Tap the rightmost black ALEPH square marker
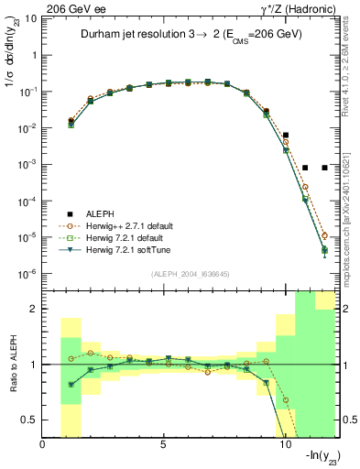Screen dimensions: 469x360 click(324, 168)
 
